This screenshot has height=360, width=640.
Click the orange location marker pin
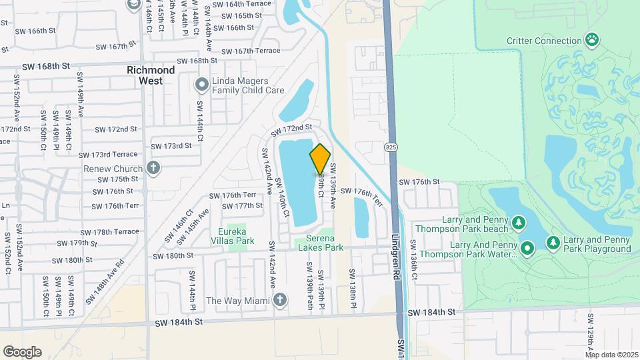320,159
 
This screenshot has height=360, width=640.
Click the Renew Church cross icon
153,167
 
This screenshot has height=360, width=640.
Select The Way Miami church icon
280,301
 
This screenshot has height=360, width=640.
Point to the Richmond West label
151,75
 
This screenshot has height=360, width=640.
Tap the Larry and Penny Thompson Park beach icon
518,221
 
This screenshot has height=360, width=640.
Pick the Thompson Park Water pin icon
527,249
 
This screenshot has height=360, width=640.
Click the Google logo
22,352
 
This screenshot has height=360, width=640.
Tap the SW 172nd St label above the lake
291,127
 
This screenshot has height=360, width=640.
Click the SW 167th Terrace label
250,51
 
